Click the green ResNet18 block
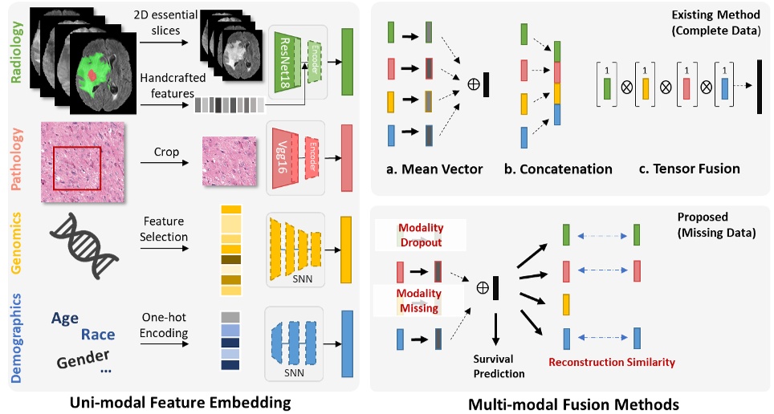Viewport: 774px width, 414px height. (287, 63)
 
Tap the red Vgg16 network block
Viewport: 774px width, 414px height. (284, 152)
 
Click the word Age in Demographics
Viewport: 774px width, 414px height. (65, 319)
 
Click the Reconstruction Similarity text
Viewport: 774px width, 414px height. (611, 363)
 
